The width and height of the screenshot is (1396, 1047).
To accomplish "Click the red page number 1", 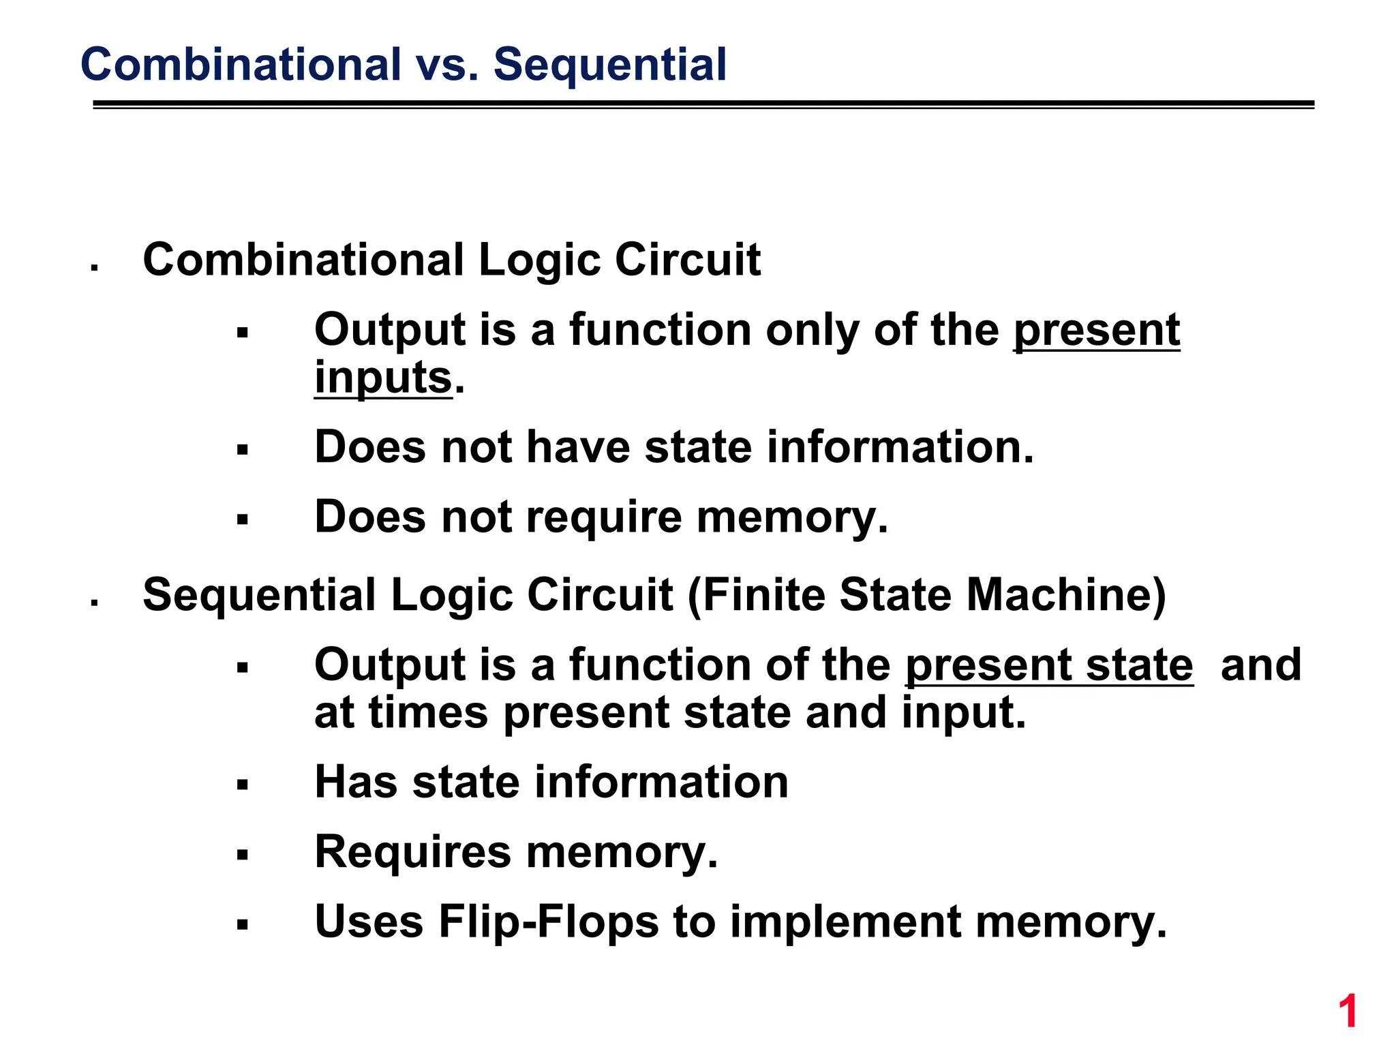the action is point(1348,1012).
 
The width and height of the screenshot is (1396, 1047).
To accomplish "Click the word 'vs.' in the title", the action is point(446,65).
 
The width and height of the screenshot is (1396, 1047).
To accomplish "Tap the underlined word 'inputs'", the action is point(383,378).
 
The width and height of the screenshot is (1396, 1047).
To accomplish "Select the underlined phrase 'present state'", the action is point(1049,665).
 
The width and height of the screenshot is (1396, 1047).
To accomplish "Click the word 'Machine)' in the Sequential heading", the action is point(1066,595).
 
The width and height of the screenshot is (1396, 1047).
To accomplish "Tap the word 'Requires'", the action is point(412,852).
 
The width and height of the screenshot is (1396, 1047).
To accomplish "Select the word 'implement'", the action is point(845,922).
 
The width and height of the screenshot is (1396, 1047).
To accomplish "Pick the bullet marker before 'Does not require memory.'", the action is point(242,520).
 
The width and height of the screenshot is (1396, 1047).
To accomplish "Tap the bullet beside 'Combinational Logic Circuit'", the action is point(95,268).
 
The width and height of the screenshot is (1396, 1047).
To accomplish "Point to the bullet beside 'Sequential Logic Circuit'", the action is point(95,603).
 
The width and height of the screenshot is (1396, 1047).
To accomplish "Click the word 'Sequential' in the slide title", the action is point(610,65).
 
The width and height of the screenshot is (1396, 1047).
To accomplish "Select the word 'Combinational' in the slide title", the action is point(241,65).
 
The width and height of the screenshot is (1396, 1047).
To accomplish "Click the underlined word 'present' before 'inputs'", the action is point(1096,331).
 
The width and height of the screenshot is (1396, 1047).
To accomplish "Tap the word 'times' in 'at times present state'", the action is point(428,712).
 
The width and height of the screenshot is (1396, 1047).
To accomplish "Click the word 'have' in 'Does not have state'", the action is point(578,448).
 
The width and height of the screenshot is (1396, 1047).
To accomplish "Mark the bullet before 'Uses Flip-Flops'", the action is point(242,925).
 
